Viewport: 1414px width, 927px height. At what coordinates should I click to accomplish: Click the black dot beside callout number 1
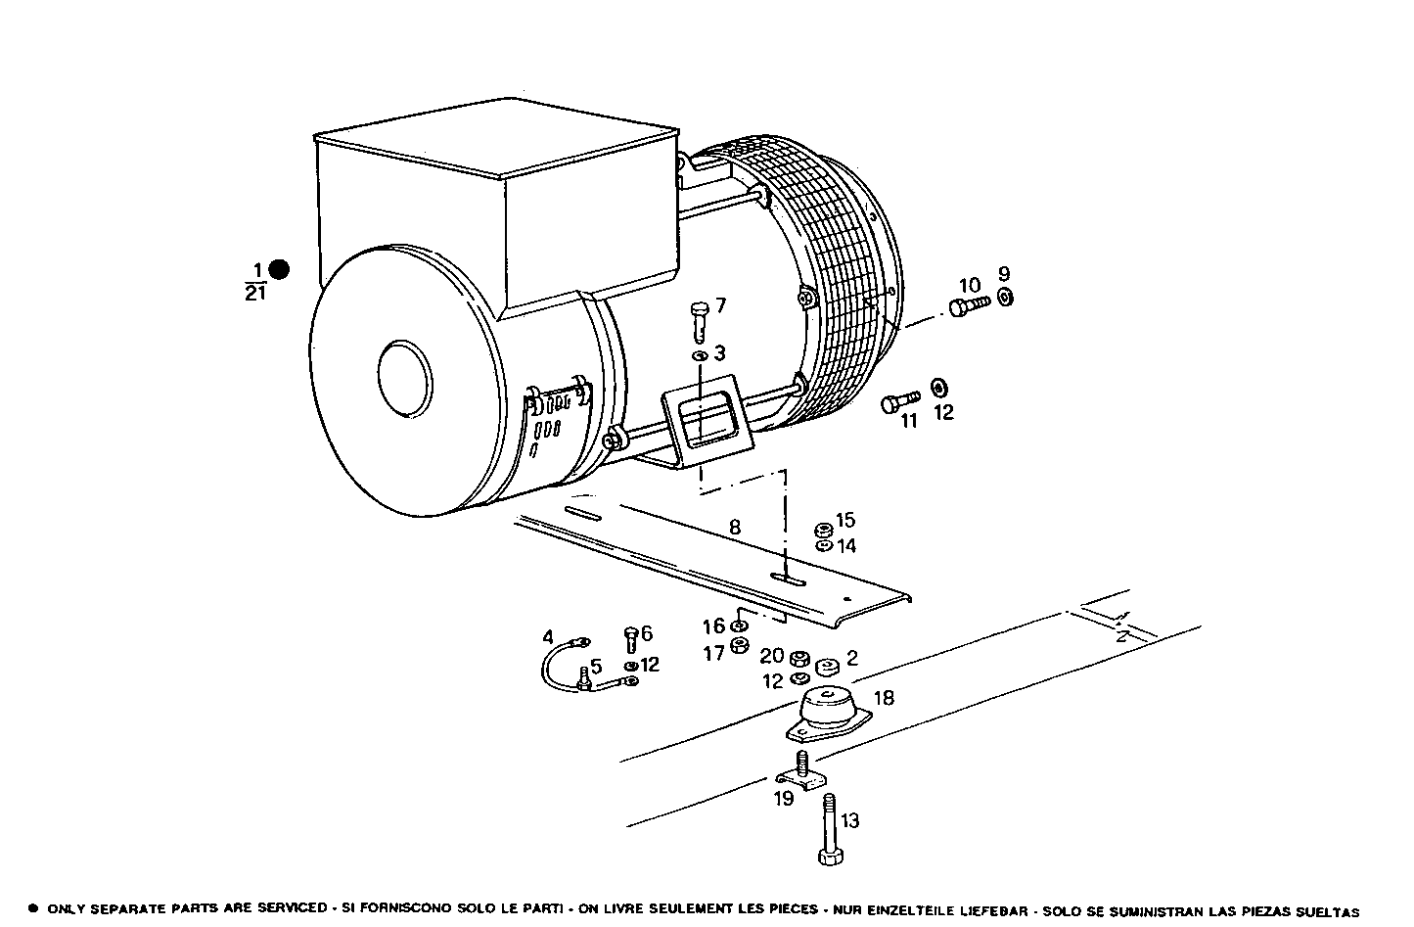pos(279,269)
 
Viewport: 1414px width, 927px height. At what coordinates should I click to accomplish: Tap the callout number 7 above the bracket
pos(721,306)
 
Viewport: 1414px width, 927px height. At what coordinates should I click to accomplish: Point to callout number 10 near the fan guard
pos(969,286)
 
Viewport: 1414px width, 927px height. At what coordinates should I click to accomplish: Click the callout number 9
pos(1004,274)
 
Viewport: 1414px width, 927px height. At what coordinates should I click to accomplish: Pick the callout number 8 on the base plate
pos(735,528)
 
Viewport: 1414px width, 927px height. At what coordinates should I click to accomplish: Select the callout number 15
pos(844,520)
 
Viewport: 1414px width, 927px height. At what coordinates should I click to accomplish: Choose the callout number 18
pos(884,698)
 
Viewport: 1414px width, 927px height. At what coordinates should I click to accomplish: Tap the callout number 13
pos(850,820)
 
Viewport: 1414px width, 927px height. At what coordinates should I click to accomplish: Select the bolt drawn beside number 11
pos(900,401)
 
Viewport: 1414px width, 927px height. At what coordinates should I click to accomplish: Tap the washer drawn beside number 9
pos(1005,298)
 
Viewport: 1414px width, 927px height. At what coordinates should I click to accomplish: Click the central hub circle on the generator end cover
pos(399,373)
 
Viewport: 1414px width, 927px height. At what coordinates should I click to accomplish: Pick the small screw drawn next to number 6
pos(630,639)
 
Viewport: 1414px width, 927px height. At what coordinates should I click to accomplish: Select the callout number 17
pos(713,653)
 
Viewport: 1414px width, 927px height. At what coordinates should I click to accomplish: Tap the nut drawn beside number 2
pos(827,668)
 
